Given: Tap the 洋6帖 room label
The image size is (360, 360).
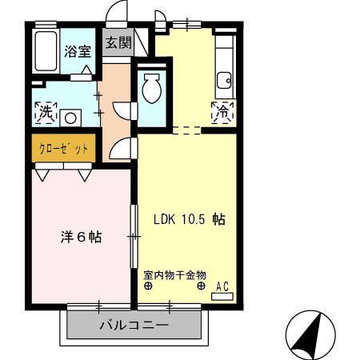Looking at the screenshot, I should pos(81,237).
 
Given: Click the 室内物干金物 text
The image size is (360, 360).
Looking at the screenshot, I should pos(175,274).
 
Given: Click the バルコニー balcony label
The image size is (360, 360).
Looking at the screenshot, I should pos(134,326).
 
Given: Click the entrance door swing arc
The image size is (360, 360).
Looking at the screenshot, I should pos(118,14).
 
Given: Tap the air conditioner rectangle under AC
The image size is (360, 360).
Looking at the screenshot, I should pos(222,296).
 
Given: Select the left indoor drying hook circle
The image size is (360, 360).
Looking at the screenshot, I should pos(149,286).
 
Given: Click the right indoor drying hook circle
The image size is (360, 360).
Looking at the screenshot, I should pos(201,286).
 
